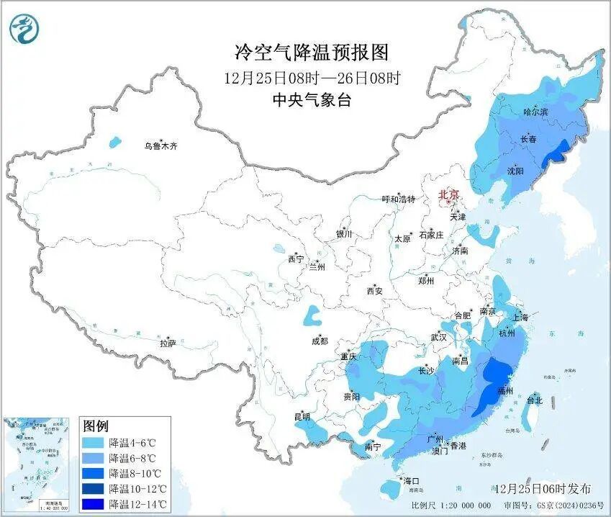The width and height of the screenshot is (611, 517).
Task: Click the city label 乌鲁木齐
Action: [x=160, y=146]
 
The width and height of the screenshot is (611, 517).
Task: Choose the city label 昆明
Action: [x=302, y=417]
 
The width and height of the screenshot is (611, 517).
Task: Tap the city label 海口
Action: [x=411, y=480]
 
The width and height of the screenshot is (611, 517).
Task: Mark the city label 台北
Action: [x=535, y=400]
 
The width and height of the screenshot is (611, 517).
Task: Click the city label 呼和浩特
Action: [x=398, y=199]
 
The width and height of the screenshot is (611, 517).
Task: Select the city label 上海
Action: [x=520, y=318]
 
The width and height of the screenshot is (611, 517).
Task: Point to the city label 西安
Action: [x=375, y=292]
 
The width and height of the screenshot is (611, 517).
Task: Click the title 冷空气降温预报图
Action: [x=312, y=52]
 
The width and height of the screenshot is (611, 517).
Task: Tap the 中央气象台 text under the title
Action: [x=312, y=100]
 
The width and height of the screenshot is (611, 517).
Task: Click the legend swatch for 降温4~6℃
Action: [x=94, y=442]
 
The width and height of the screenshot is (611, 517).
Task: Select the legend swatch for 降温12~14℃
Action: [x=94, y=504]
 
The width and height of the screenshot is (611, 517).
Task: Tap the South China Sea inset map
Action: [x=37, y=464]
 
